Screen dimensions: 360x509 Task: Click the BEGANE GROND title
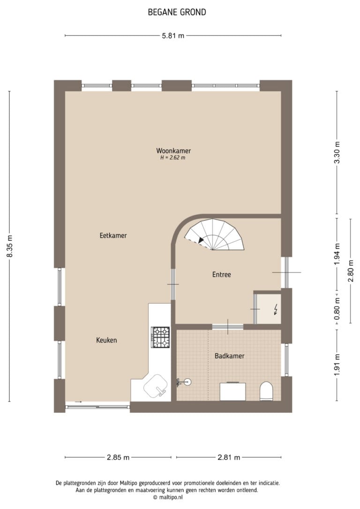point(177,12)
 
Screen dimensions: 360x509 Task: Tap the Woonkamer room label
point(173,150)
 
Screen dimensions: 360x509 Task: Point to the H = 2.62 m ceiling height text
point(172,158)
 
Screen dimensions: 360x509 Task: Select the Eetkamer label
point(113,235)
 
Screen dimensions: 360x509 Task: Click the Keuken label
point(106,340)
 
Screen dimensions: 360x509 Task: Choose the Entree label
point(222,275)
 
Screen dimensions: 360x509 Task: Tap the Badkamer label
point(230,356)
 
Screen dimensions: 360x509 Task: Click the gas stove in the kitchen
point(160,337)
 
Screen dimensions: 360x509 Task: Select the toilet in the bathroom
point(267,391)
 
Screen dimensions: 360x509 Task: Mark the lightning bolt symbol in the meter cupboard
point(276,309)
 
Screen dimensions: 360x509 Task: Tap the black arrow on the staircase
point(201,240)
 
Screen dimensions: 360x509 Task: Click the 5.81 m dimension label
point(173,36)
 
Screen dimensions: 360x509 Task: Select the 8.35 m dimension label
point(10,247)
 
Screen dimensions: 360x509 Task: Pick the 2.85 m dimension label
point(118,457)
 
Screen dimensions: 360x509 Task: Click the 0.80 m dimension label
point(337,309)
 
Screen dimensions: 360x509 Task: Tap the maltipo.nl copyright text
point(168,497)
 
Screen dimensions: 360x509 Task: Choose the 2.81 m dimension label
point(229,457)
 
